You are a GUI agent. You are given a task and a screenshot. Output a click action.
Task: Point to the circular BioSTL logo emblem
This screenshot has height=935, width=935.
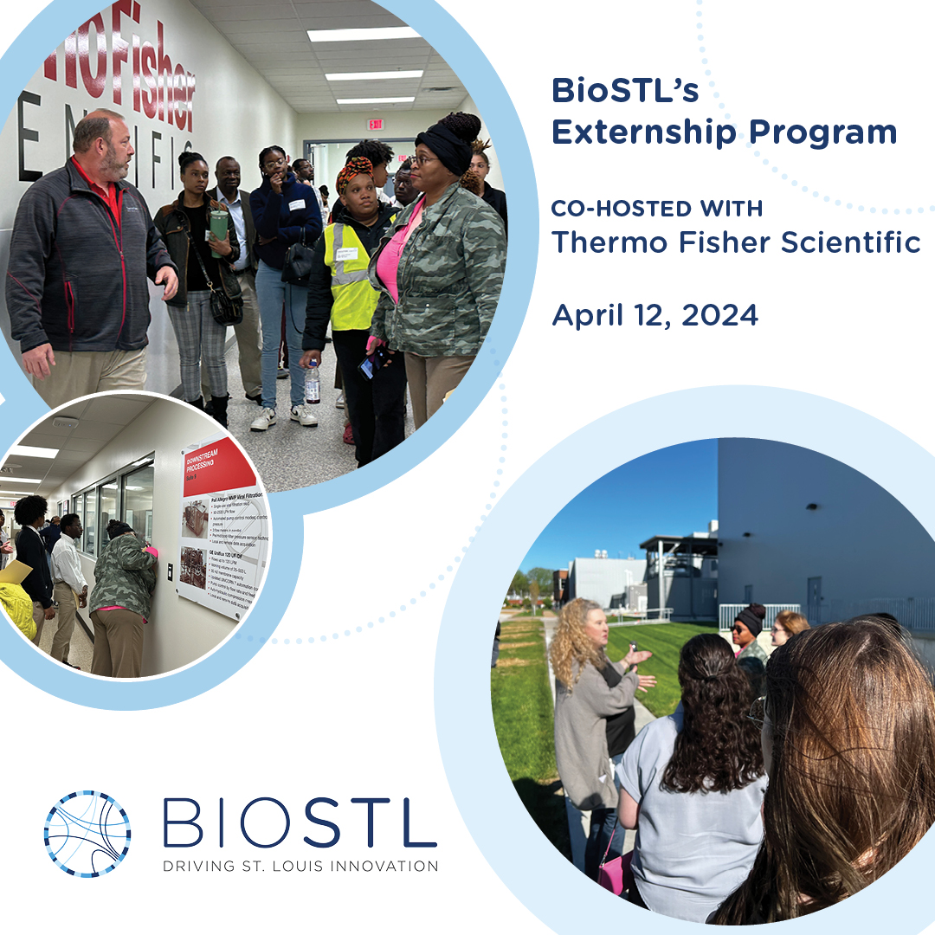point(87,834)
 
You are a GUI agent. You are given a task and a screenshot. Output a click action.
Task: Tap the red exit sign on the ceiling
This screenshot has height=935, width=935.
point(374,124)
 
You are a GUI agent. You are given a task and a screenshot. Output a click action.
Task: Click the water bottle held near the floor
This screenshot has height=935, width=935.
point(312,384)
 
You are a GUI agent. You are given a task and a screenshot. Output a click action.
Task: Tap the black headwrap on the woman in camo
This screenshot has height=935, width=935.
point(444,147)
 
